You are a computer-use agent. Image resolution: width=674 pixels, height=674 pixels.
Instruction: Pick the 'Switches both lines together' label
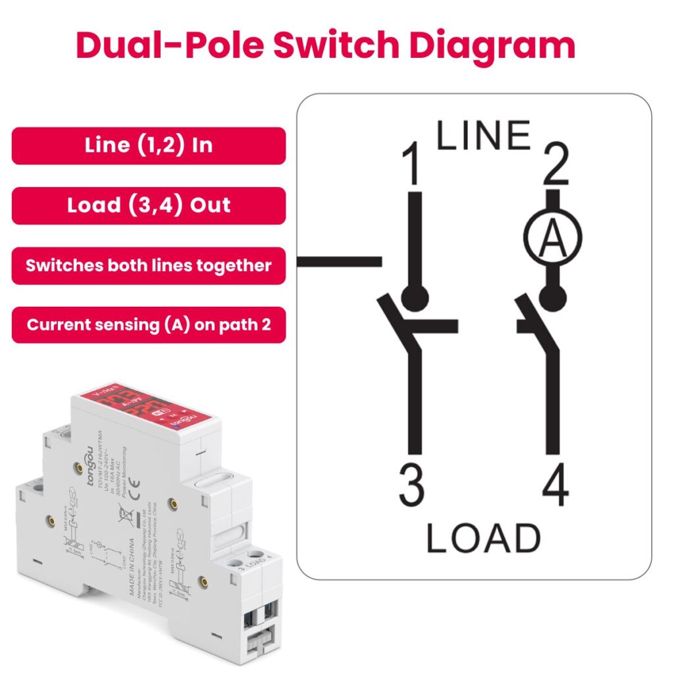click(149, 265)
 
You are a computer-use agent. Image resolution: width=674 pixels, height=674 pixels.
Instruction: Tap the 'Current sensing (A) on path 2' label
click(149, 325)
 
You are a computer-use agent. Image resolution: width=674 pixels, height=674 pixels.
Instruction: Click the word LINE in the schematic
click(484, 136)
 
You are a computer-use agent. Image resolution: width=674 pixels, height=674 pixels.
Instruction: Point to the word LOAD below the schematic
click(483, 538)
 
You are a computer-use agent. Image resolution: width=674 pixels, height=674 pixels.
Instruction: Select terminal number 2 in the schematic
click(556, 167)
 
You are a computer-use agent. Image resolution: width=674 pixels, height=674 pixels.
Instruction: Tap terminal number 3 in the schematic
click(412, 488)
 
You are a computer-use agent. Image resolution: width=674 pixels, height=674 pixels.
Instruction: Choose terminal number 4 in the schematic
click(556, 488)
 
